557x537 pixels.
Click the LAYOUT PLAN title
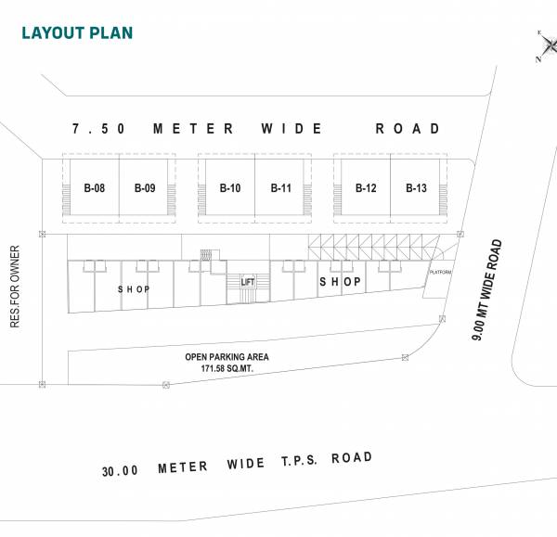[77, 33]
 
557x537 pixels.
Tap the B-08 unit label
[94, 189]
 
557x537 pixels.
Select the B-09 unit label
[144, 189]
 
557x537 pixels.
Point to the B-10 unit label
[230, 189]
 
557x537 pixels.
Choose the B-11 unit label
[281, 189]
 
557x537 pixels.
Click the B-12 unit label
[366, 189]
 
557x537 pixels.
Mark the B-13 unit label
[416, 189]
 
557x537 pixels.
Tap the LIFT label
[247, 282]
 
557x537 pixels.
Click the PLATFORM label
[440, 272]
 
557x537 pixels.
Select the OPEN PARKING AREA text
[227, 357]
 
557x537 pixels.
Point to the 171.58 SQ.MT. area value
[227, 369]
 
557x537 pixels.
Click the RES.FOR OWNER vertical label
[15, 287]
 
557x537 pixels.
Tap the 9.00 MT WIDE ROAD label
[487, 290]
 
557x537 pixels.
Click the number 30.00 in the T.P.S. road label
[121, 470]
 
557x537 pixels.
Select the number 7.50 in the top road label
[98, 129]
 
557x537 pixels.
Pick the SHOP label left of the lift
[134, 289]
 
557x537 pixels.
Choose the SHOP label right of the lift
[340, 281]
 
